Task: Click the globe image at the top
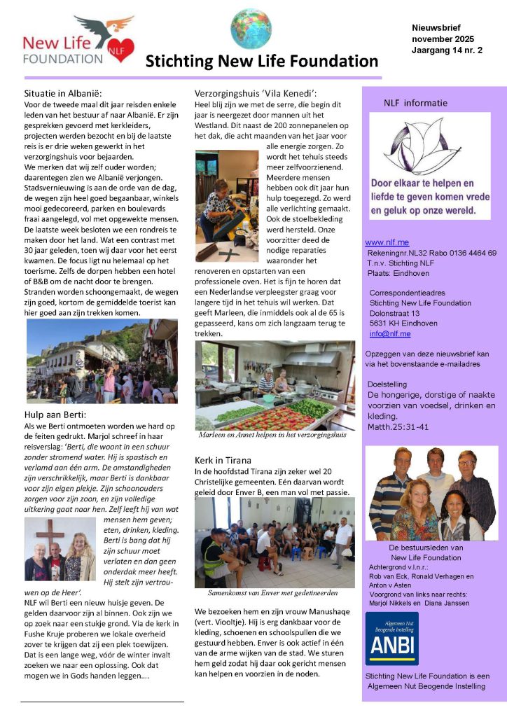click(x=251, y=29)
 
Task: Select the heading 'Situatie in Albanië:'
click(x=64, y=92)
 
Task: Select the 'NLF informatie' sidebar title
click(x=415, y=103)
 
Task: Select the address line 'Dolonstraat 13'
click(x=394, y=314)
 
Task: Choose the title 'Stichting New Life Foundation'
click(x=262, y=62)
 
